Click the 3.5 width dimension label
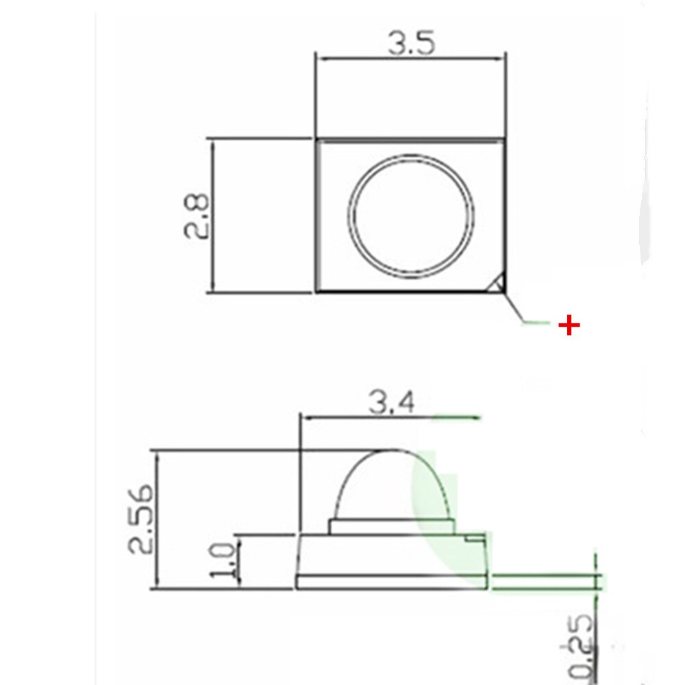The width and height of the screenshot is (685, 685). (411, 44)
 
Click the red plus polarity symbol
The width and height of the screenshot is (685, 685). (569, 325)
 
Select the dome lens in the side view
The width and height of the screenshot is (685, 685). (390, 486)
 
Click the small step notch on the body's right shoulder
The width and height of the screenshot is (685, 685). (473, 540)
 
